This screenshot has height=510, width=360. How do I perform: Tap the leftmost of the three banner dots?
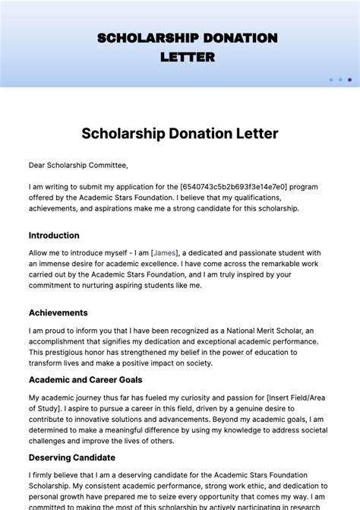(331, 79)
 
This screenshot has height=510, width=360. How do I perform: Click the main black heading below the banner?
(180, 134)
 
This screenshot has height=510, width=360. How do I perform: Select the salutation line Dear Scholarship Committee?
(78, 165)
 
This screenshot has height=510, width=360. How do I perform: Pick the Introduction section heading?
(54, 236)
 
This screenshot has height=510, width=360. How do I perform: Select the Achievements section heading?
(58, 312)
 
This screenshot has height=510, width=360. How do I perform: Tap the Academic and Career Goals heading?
(85, 379)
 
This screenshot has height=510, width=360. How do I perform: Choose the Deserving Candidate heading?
(72, 458)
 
